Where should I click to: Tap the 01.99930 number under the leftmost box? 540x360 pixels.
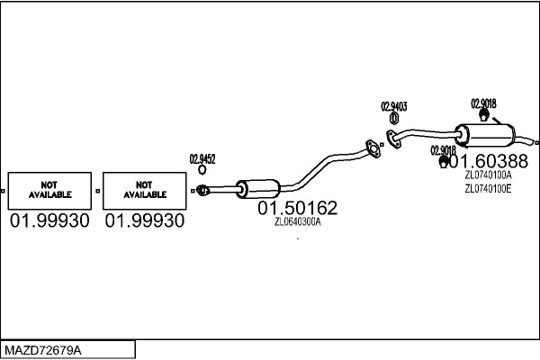(x=49, y=220)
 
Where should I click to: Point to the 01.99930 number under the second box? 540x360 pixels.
(x=144, y=220)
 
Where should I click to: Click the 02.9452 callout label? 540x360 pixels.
(x=202, y=159)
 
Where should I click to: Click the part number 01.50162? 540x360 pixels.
(x=298, y=209)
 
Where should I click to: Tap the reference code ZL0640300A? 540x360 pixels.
(x=298, y=221)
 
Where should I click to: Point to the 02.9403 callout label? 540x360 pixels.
(x=394, y=106)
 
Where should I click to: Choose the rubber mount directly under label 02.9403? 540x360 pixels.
(x=394, y=119)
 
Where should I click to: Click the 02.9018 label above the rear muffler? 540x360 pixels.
(x=483, y=102)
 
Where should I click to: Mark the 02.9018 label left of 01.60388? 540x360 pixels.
(x=443, y=149)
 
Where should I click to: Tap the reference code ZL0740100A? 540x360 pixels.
(x=488, y=175)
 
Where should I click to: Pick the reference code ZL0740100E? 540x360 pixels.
(x=488, y=189)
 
